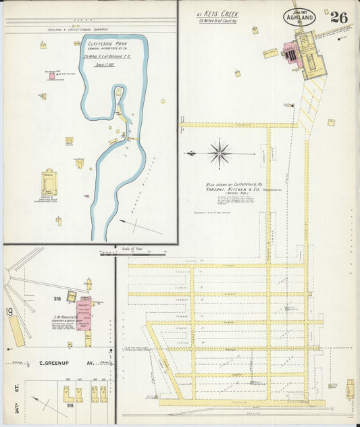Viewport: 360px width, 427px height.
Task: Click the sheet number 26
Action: [338, 18]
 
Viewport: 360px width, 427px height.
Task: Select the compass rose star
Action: [220, 153]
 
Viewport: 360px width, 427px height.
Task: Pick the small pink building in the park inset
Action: [51, 76]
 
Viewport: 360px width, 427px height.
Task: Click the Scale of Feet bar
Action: [133, 253]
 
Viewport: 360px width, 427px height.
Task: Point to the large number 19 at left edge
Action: [9, 311]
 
